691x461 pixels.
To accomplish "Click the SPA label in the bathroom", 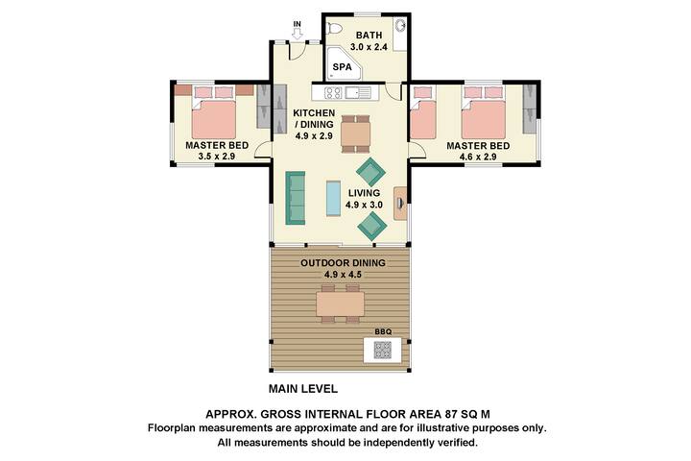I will click(x=341, y=68).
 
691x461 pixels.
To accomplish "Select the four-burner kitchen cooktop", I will click(x=334, y=93).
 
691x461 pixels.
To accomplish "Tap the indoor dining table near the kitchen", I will click(x=354, y=132).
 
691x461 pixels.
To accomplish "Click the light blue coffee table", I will click(x=333, y=199).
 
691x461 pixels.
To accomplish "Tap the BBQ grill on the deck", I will click(x=381, y=350).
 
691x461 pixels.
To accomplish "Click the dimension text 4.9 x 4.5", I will click(x=344, y=274).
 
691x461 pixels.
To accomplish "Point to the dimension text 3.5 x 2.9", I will click(x=217, y=156).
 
